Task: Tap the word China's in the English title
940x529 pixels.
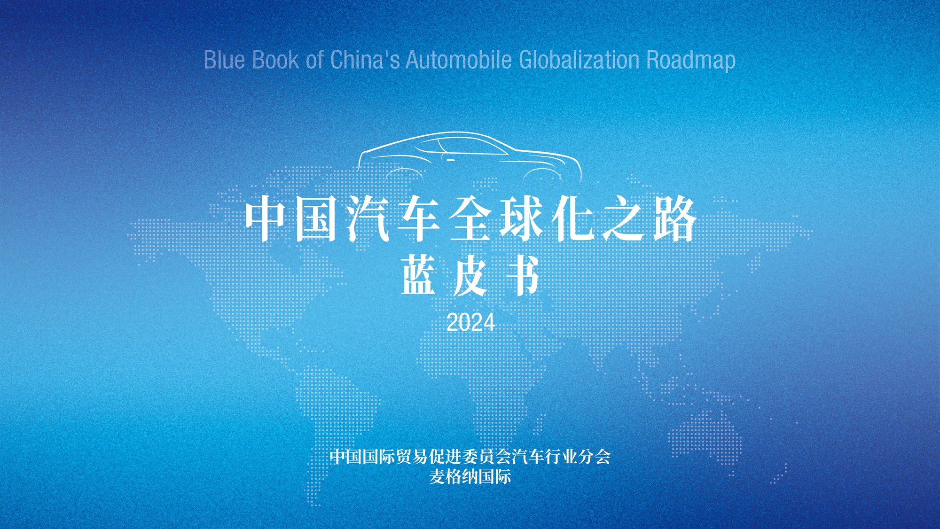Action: click(365, 60)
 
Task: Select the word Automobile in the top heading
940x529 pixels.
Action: click(459, 60)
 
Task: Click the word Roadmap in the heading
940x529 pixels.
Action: click(691, 61)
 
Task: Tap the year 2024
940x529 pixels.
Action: click(470, 323)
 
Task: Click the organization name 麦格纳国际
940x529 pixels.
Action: click(470, 477)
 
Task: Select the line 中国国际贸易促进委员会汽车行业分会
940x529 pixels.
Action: click(470, 456)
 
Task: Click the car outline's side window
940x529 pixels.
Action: click(470, 146)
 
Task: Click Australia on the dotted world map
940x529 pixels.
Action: click(710, 432)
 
